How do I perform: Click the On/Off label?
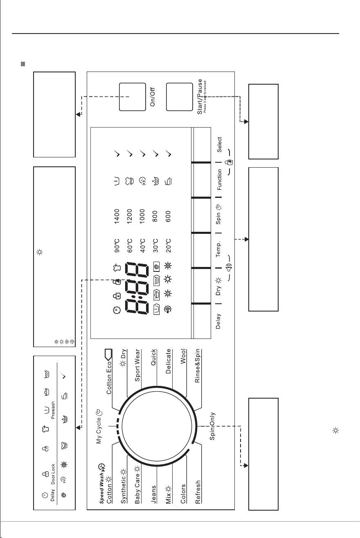153,97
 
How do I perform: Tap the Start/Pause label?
200,96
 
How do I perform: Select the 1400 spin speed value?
117,216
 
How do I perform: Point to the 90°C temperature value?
117,245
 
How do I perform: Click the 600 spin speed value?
168,216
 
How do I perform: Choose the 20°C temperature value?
168,245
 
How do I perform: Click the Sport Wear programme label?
137,365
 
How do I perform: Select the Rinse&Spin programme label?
197,366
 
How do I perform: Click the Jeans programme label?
153,494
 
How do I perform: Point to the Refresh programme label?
198,492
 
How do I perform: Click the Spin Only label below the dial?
212,426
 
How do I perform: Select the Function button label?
219,179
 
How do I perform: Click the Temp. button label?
218,249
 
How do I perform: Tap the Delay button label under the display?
218,321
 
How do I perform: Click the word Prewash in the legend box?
53,410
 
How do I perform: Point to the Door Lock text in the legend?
53,474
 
